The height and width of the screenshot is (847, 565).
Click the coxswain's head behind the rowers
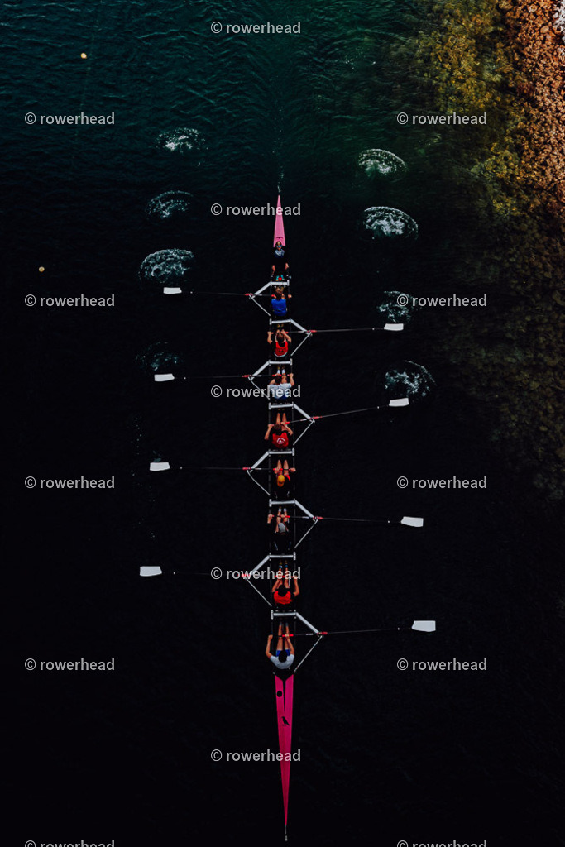pyautogui.click(x=279, y=251)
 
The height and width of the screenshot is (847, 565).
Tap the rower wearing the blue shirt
pyautogui.click(x=280, y=304)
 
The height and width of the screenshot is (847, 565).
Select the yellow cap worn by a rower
pyautogui.click(x=280, y=479)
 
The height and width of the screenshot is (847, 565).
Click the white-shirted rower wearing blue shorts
pyautogui.click(x=281, y=653)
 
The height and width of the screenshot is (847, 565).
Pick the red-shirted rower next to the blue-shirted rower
pyautogui.click(x=280, y=346)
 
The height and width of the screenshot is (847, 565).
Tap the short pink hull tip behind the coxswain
pyautogui.click(x=279, y=222)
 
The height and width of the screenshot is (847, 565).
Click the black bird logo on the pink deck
pyautogui.click(x=285, y=720)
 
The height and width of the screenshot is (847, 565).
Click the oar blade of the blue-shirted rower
pyautogui.click(x=172, y=290)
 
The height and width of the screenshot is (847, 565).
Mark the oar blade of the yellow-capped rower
pyautogui.click(x=160, y=467)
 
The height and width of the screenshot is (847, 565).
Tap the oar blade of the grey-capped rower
pyautogui.click(x=412, y=521)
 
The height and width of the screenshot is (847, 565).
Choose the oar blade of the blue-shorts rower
pyautogui.click(x=424, y=625)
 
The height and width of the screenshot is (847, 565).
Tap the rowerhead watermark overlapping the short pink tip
pyautogui.click(x=256, y=209)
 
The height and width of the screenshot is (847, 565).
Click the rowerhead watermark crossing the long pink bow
pyautogui.click(x=256, y=756)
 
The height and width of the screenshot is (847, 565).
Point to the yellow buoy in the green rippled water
pyautogui.click(x=84, y=55)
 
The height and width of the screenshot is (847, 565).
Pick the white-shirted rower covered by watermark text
pyautogui.click(x=280, y=387)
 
